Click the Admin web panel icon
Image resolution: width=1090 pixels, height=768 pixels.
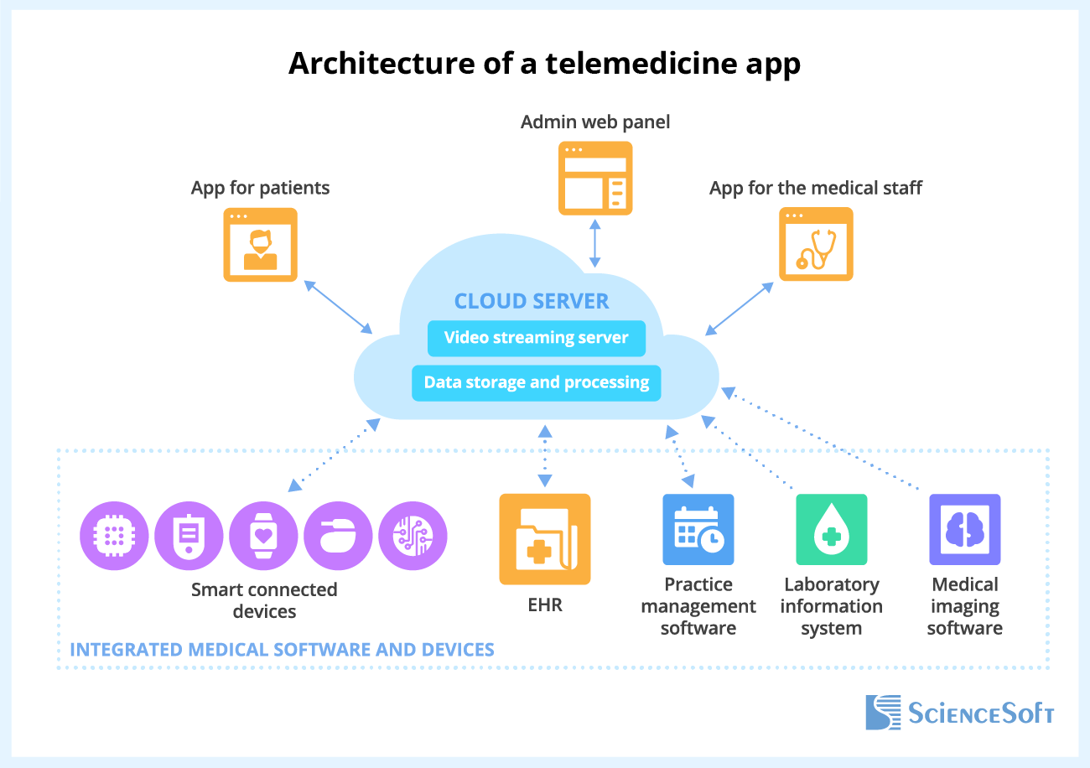595,179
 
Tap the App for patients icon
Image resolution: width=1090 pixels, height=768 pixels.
260,244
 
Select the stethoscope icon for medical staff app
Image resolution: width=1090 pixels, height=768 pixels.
816,244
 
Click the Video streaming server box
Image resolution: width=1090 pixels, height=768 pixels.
536,338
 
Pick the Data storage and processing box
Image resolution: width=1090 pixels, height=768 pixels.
536,383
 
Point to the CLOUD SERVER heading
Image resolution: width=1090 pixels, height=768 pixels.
532,301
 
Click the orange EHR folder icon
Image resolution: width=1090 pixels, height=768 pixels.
545,538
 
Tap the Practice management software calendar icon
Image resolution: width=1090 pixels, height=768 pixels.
698,529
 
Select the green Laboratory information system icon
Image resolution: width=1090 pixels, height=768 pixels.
831,529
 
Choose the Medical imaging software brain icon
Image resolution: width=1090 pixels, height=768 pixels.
964,529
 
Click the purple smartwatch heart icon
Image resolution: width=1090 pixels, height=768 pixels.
263,535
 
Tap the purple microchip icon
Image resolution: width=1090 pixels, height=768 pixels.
114,535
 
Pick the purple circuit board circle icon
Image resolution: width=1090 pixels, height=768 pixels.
413,535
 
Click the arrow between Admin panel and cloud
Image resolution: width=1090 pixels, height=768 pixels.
594,243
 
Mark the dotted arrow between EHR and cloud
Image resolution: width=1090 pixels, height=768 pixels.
545,456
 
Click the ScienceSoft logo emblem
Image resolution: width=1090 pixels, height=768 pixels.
883,712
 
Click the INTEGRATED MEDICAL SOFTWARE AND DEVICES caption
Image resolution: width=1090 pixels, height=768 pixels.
282,650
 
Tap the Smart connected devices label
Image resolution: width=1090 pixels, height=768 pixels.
264,600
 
